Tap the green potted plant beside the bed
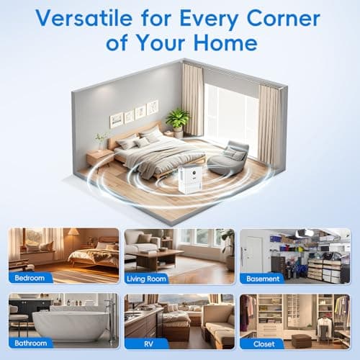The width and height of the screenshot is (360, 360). tap(177, 120)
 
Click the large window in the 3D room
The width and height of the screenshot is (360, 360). tap(231, 115)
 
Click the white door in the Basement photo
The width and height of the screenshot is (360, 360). tap(254, 252)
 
